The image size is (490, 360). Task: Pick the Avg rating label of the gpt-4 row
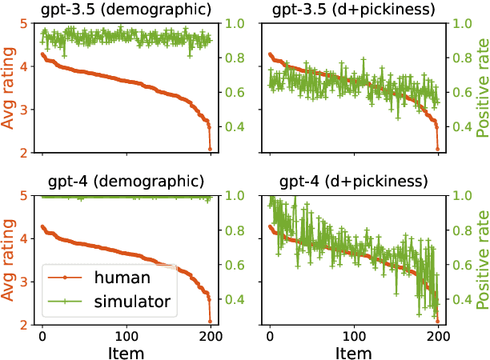click(x=10, y=259)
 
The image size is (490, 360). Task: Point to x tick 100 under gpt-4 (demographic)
click(x=127, y=334)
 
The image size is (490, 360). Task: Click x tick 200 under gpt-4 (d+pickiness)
click(x=439, y=334)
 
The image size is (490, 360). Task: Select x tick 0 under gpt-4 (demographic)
click(x=42, y=334)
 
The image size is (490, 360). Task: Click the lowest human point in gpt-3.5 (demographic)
click(x=211, y=149)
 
